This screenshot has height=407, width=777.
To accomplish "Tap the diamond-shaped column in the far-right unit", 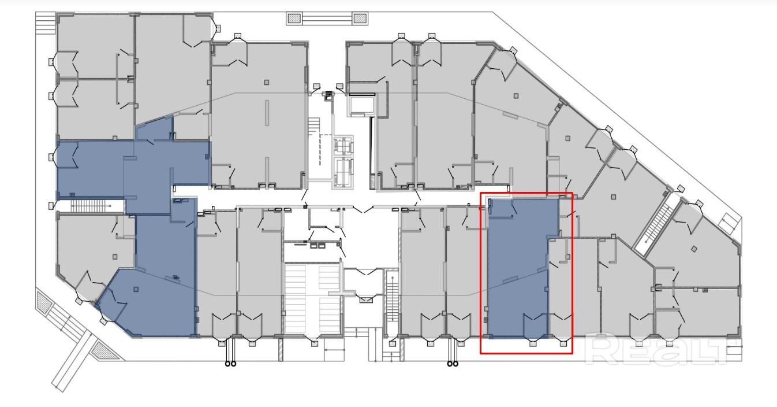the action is coord(694,249).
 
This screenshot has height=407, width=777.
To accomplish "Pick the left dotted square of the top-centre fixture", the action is coord(293,18).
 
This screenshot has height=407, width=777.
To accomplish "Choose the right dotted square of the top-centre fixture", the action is coord(360,18).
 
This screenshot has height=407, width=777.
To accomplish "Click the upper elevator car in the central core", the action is coord(343,146).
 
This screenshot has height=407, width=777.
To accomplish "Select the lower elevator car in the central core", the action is coord(343,172).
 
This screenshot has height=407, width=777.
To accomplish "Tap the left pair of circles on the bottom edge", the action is coord(230,364).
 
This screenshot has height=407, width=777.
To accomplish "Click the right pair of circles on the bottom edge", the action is coord(453,364).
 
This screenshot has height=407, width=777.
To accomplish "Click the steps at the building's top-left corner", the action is coord(46,23).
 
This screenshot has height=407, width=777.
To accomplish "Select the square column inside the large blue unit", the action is coord(136,289).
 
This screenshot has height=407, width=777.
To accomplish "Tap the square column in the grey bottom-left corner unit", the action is coord(115,257).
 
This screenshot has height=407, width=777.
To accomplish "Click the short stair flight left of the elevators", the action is coord(314,127).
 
